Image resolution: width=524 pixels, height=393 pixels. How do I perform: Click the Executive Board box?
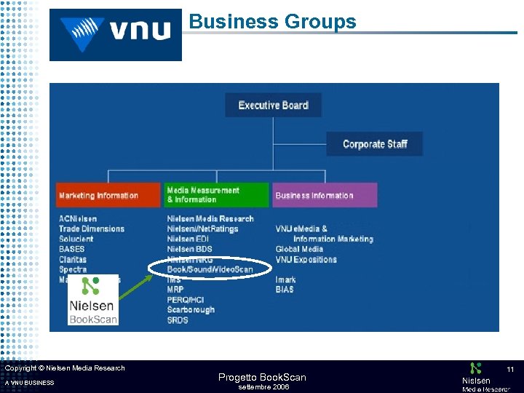point(273,106)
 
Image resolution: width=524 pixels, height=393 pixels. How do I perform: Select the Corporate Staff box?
point(374,144)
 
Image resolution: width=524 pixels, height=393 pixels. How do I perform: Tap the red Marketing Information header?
point(108,195)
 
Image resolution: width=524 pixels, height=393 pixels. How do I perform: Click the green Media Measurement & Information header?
point(216,195)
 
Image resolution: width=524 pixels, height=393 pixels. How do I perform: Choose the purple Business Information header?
point(325,195)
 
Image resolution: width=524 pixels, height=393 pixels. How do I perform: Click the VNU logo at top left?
point(116,33)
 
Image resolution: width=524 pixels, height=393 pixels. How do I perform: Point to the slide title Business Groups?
point(273,22)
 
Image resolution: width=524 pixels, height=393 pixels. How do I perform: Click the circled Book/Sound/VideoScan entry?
point(210,269)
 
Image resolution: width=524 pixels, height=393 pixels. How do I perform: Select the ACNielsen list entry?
point(78,218)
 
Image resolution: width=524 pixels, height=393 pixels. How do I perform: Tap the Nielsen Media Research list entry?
point(210,218)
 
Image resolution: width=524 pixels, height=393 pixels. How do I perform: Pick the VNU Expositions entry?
point(306,259)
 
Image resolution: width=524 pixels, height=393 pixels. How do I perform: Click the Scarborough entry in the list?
point(191,309)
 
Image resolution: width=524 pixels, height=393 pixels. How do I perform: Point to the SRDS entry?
point(178,319)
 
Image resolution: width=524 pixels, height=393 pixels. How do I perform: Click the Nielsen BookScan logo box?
point(92,300)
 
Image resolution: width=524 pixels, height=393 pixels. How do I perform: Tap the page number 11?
point(510,370)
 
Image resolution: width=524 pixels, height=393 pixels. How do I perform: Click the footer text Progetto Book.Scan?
point(262,377)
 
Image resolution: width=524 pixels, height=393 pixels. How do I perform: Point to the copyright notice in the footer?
point(65,368)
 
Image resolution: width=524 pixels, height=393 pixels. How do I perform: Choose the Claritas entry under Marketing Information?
point(73,259)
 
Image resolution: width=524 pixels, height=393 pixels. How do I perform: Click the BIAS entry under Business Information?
point(285,290)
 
